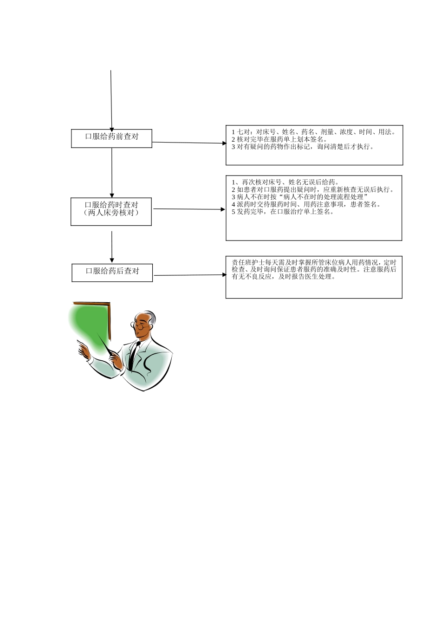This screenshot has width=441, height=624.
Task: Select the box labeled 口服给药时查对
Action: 111,205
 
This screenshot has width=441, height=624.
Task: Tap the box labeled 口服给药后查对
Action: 112,272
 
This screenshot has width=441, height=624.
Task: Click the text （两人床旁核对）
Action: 111,213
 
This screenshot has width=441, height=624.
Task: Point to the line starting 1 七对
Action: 314,132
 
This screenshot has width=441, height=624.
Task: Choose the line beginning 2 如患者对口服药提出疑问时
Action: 313,189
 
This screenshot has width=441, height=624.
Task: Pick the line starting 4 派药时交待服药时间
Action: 306,204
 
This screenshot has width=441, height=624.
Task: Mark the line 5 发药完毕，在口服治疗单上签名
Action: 283,212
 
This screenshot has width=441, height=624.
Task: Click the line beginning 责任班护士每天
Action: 314,262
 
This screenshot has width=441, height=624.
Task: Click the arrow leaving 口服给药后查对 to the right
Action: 189,275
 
